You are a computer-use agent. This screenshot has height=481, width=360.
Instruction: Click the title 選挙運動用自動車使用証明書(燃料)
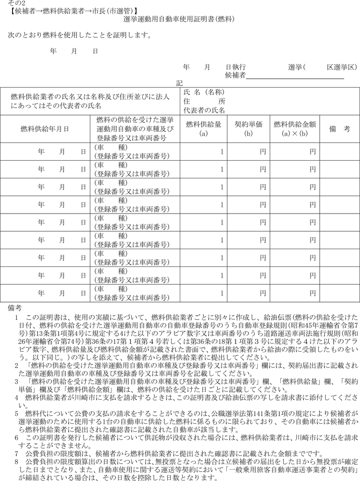coord(179,19)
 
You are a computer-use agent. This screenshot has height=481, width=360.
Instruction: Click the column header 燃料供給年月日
coord(45,128)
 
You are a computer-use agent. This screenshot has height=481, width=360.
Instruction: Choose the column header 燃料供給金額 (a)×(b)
coord(294,128)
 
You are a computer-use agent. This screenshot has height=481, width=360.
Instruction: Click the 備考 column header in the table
coord(339,128)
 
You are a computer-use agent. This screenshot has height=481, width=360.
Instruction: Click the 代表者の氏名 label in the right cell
coord(204,110)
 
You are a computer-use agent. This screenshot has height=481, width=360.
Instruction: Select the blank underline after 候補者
coord(296,76)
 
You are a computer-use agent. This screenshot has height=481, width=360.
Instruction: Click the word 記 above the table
coord(179,83)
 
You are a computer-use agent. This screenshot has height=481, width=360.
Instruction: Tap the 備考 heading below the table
coord(15,307)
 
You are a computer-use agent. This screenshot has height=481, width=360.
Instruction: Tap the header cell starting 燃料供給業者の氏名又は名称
coord(90,101)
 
